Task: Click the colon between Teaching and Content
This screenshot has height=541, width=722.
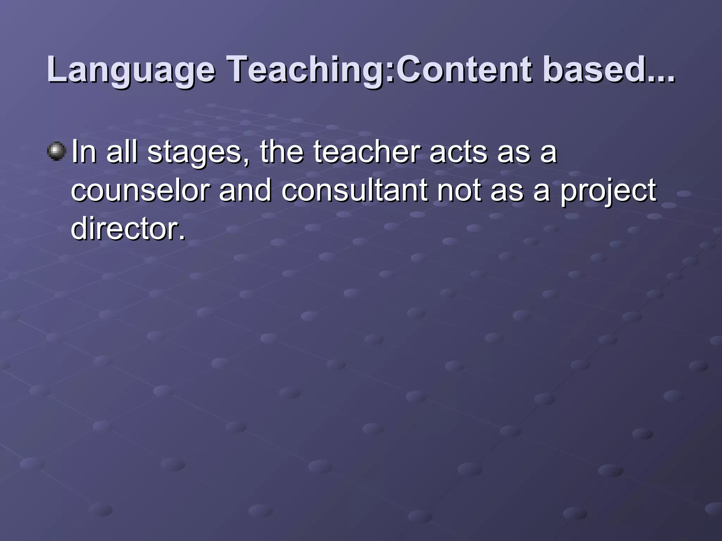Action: [392, 72]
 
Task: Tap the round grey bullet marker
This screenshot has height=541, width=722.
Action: [56, 151]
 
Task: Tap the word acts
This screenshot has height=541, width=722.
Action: [458, 152]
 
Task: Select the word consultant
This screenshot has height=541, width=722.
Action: [354, 190]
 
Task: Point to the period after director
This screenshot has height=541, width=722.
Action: [182, 237]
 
